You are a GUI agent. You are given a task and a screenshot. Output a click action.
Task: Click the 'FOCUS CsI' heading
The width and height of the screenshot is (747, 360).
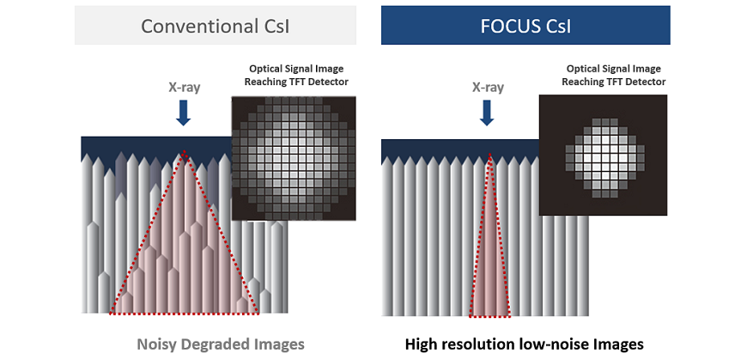[525, 26]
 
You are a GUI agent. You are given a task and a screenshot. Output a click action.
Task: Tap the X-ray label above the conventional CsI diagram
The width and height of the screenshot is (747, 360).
[183, 87]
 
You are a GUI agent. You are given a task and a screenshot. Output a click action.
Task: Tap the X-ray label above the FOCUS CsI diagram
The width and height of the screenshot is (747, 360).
[489, 87]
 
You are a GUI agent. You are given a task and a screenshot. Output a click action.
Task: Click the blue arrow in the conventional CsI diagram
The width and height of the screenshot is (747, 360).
[183, 113]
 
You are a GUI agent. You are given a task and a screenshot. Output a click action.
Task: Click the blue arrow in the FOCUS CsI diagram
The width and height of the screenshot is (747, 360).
[489, 113]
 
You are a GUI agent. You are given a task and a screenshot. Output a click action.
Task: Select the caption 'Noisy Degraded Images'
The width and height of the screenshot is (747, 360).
[221, 344]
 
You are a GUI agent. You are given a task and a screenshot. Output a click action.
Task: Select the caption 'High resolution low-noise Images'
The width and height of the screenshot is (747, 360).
[525, 344]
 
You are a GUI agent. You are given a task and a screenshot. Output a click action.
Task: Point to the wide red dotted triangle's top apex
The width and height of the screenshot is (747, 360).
[184, 153]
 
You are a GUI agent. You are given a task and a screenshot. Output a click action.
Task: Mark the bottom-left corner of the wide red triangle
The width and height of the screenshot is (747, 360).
[111, 314]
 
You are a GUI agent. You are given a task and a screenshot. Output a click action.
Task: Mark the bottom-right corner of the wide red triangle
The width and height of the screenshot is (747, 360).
[258, 314]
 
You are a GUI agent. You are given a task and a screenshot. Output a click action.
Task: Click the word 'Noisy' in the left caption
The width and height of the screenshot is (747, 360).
[156, 344]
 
